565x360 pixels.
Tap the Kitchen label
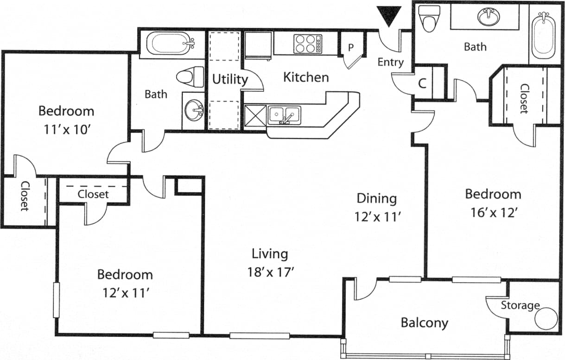coord(306,77)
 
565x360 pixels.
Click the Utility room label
coord(230,79)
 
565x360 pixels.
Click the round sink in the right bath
coord(489,18)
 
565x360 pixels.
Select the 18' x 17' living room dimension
coord(271,272)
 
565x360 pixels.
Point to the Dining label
coord(376,198)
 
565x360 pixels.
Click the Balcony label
coord(424,322)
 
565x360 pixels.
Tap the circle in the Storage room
coord(546,319)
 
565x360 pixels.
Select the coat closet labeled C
coord(422,84)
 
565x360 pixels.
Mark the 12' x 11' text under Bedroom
coord(125,292)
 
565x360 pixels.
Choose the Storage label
coord(520,305)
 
